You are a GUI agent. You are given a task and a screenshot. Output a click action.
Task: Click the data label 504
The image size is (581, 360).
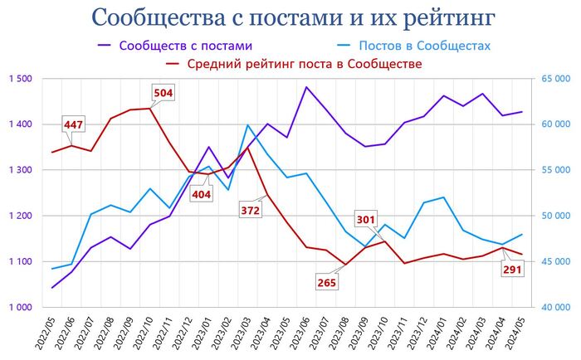(x=164, y=92)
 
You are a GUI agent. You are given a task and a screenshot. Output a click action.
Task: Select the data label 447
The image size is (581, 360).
(x=74, y=124)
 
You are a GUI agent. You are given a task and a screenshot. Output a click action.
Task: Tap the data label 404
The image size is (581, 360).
(x=201, y=194)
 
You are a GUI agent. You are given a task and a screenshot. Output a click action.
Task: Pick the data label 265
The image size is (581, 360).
(x=327, y=282)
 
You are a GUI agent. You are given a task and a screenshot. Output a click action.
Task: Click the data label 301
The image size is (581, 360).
(x=366, y=220)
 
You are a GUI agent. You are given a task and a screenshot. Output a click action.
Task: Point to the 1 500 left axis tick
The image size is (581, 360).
(x=20, y=79)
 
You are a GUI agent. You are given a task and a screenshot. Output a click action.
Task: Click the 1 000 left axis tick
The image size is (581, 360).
(x=20, y=308)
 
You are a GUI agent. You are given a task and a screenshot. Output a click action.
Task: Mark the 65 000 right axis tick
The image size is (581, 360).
(x=551, y=79)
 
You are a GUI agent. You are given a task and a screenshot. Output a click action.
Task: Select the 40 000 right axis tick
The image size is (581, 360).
(x=551, y=308)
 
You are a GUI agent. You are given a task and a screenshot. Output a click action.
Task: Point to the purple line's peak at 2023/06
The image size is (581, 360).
(x=306, y=87)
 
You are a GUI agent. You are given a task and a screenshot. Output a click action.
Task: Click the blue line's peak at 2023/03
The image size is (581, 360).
(x=247, y=125)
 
